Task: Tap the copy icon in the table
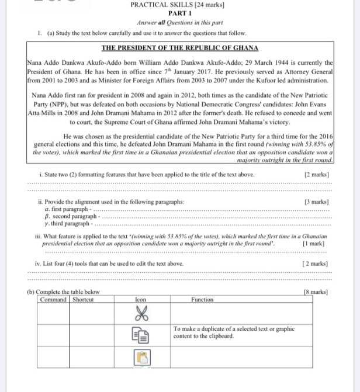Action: [141, 335]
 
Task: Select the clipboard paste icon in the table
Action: [141, 356]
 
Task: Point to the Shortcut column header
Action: [83, 300]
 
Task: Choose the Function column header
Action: [202, 300]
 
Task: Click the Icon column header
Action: [140, 300]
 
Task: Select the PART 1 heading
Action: [179, 13]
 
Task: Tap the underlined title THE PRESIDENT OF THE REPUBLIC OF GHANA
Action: [180, 48]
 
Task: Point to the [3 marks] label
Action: [316, 202]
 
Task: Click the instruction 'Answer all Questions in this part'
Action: [179, 22]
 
